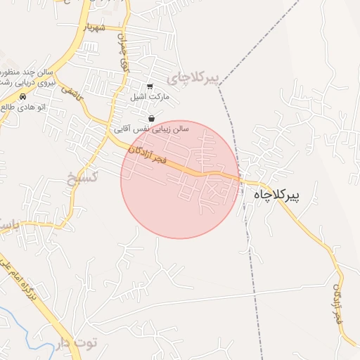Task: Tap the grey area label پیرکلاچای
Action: pyautogui.click(x=189, y=75)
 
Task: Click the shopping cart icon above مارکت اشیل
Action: pyautogui.click(x=150, y=86)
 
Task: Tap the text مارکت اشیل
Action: pyautogui.click(x=148, y=98)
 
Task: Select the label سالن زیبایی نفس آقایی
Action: pyautogui.click(x=152, y=129)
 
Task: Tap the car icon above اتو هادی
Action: pyautogui.click(x=23, y=96)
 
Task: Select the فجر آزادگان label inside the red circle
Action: pyautogui.click(x=148, y=158)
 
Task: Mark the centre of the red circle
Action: pyautogui.click(x=180, y=179)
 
